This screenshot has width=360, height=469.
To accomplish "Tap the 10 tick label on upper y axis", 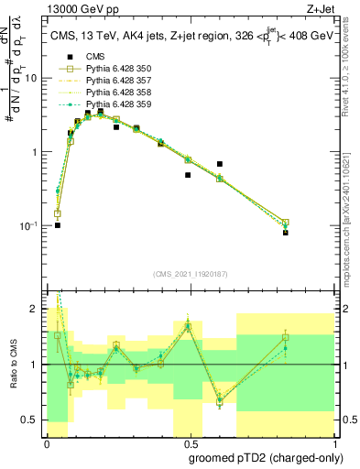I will (33, 78).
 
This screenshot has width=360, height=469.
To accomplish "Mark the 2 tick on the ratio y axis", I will (38, 310).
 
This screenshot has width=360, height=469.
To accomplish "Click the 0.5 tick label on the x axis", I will (188, 443).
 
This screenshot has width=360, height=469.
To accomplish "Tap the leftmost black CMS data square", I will (58, 224).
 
